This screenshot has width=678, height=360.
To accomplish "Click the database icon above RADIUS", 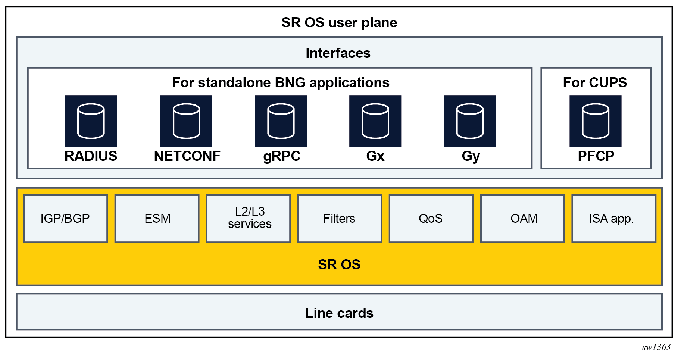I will pos(91,121).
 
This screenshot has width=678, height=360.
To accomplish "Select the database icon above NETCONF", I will pos(186,121).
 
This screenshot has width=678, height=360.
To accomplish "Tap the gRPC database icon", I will pos(281,121).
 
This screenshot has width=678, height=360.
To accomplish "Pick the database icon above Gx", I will pos(375,121).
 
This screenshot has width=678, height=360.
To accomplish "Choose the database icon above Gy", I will pos(469,121).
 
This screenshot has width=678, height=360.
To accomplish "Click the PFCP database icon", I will pos(595,121).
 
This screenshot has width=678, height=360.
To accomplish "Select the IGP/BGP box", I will pos(65,219).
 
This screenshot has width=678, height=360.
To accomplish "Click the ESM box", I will pos(157,219).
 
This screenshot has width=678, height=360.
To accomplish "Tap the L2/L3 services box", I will pos(249,219).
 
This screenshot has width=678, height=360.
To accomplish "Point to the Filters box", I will pos(340,219).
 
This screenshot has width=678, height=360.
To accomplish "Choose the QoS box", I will pos(431,219).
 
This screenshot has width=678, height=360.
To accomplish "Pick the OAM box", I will pos(522,219).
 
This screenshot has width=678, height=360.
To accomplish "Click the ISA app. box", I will pos(614,219).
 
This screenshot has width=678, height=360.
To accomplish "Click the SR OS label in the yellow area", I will pos(339,264).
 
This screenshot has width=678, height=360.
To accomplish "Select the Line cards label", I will pos(339,313).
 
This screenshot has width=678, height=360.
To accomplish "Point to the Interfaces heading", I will pos(338,53).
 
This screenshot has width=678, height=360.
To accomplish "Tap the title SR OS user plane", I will pos(339,22).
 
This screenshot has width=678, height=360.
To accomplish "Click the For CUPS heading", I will pos(595,82).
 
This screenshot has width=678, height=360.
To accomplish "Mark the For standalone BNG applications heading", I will pos(281,82).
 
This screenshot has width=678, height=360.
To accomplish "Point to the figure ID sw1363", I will pos(656,347).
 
